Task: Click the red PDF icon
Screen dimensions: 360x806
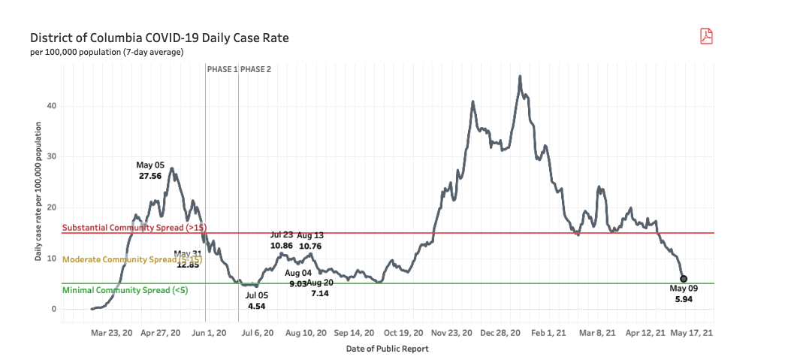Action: [x=706, y=36]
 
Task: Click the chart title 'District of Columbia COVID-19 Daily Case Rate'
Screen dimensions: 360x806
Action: [x=159, y=38]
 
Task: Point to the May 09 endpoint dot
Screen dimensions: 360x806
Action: [x=683, y=279]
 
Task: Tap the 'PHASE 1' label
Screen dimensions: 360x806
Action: [x=222, y=69]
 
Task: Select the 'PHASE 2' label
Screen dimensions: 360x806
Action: [x=256, y=69]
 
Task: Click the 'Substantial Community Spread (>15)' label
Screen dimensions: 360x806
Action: [x=134, y=228]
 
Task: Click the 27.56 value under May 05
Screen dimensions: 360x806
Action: [x=150, y=175]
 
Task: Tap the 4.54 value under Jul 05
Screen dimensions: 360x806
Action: [x=257, y=306]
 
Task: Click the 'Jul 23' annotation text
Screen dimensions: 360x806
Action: [x=281, y=235]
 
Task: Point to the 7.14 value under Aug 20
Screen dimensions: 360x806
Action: [x=320, y=292]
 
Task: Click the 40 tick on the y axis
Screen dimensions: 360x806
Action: [x=52, y=106]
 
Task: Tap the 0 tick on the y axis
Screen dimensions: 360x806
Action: [x=54, y=309]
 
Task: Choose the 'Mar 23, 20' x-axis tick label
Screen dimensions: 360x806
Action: [x=111, y=332]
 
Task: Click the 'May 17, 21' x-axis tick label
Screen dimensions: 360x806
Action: [x=691, y=332]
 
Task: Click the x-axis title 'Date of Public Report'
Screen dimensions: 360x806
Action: [x=387, y=349]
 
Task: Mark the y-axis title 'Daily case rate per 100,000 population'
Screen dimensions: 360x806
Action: [x=38, y=194]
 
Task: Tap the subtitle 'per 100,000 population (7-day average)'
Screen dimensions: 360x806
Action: [x=107, y=53]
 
